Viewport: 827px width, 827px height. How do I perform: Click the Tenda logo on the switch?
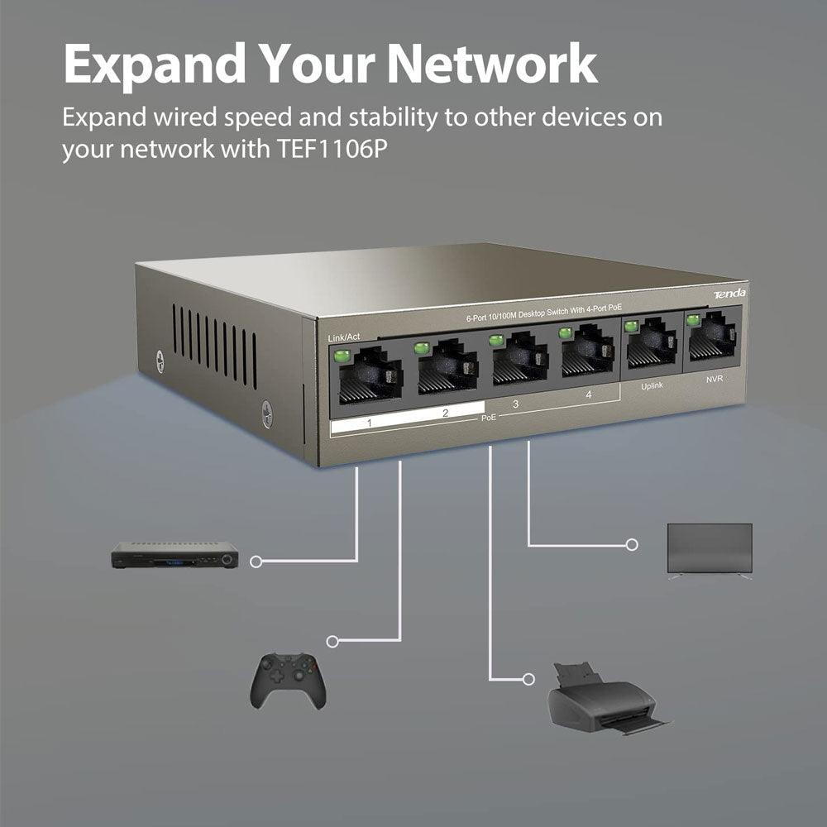(729, 294)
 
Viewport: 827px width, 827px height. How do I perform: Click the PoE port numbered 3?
(519, 365)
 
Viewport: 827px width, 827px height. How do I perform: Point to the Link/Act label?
(344, 337)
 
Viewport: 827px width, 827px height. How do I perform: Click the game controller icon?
(288, 680)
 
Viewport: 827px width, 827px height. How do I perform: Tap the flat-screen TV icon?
(710, 550)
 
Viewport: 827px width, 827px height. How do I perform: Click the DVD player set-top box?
(174, 555)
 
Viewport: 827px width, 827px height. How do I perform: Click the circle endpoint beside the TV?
(632, 544)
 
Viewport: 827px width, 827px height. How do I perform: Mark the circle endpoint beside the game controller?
(332, 641)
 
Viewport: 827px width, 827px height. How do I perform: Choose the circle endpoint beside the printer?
(529, 680)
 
